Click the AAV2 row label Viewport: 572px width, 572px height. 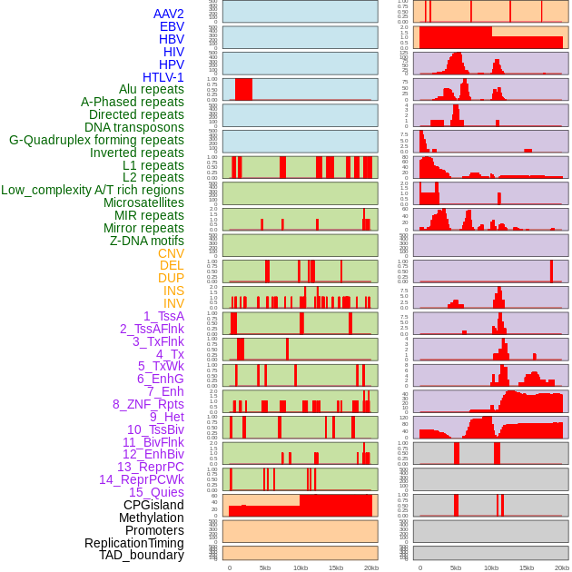tap(169, 14)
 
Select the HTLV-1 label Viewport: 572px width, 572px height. tap(163, 77)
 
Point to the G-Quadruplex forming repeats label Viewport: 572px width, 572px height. tap(96, 140)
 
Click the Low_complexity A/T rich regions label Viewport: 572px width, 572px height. tap(93, 190)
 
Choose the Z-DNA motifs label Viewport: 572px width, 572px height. tap(147, 241)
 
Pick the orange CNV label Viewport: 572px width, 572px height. tap(171, 253)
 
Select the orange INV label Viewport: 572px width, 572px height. tap(173, 303)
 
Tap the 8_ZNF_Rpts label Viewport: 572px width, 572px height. tap(148, 404)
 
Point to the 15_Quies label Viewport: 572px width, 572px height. tap(156, 492)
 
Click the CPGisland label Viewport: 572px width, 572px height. tap(153, 505)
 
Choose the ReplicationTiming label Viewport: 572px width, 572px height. tap(133, 543)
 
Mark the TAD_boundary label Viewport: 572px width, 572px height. tap(142, 555)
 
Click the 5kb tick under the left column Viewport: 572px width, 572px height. tap(265, 567)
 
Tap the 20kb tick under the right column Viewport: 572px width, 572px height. tap(562, 567)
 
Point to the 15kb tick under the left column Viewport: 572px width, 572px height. tap(335, 567)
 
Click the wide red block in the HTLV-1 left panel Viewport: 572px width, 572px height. tap(243, 89)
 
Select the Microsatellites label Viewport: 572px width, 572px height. tap(143, 202)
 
